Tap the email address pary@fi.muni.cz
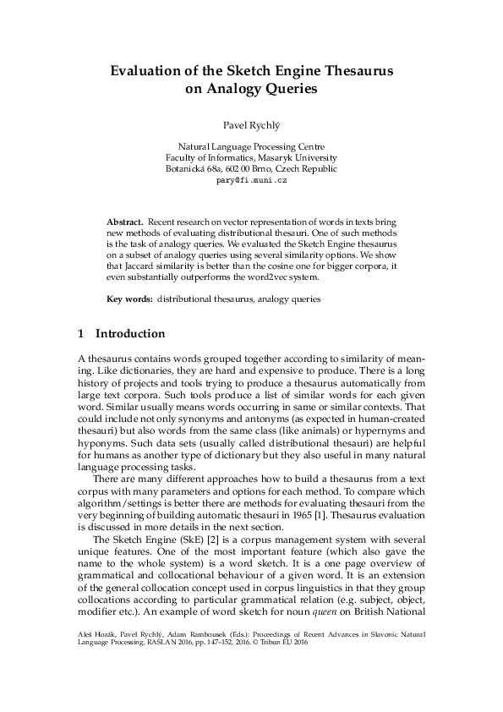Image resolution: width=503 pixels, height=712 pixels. tap(251, 181)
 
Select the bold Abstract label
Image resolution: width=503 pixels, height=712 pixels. tap(125, 219)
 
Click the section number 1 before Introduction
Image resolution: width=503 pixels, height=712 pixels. tap(80, 334)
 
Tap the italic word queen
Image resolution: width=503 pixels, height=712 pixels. tap(315, 619)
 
